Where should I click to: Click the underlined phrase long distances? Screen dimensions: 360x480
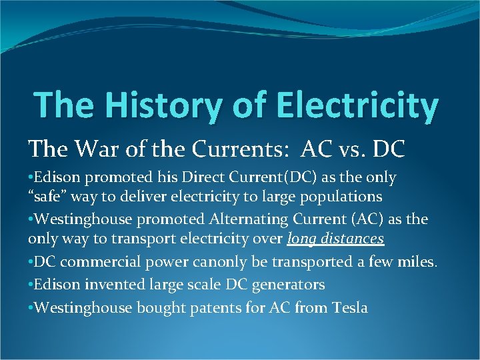click(x=336, y=239)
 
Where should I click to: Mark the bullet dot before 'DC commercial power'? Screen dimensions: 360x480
click(x=31, y=262)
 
